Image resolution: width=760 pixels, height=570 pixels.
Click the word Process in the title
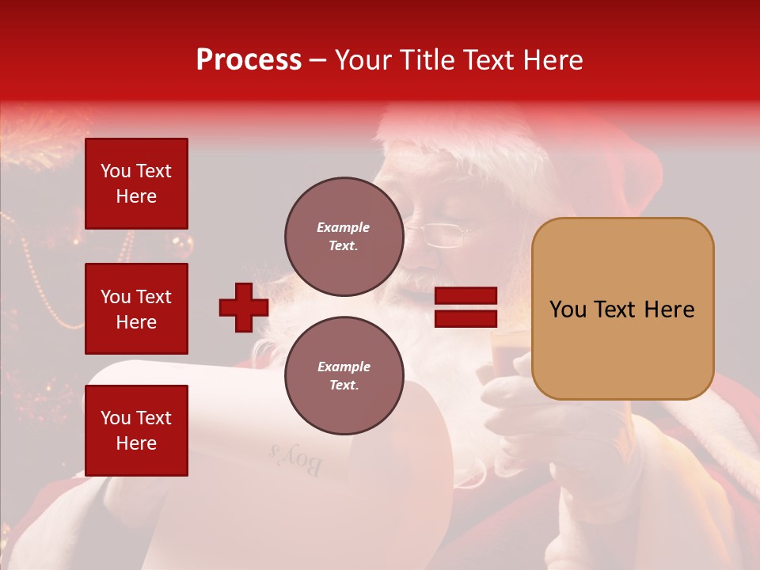tap(249, 60)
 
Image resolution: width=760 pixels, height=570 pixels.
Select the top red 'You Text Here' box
tap(136, 184)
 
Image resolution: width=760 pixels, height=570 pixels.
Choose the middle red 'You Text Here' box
tap(136, 309)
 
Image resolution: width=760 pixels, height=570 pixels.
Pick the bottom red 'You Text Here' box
tap(136, 431)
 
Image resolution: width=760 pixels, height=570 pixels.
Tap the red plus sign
tap(244, 307)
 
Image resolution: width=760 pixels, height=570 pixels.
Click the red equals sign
tap(465, 307)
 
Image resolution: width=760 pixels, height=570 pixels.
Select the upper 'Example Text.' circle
tap(344, 237)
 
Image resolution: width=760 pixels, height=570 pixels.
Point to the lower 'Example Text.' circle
tap(344, 376)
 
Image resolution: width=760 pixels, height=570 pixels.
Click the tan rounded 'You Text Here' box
tap(622, 309)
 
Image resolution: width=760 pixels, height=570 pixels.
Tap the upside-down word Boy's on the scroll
tap(295, 460)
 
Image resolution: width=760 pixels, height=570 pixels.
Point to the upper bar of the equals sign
tap(465, 296)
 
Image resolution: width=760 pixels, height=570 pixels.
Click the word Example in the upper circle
tap(343, 227)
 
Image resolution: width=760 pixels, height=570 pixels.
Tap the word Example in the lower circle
tap(343, 367)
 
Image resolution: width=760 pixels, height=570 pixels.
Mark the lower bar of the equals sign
tap(465, 318)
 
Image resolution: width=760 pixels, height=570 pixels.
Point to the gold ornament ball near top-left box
tap(182, 243)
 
